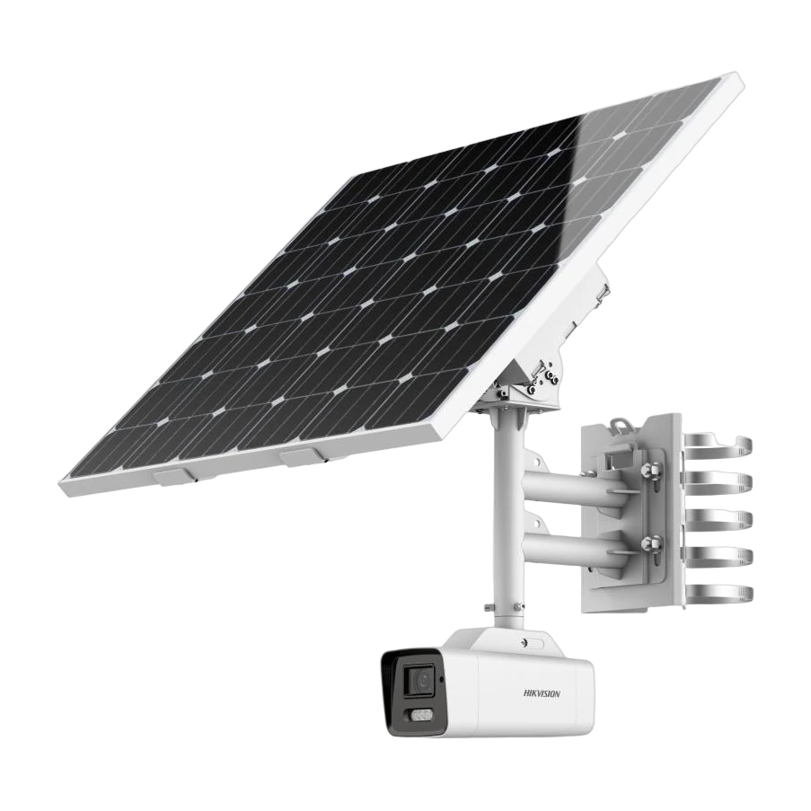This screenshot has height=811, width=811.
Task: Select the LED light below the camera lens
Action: pos(420,715)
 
